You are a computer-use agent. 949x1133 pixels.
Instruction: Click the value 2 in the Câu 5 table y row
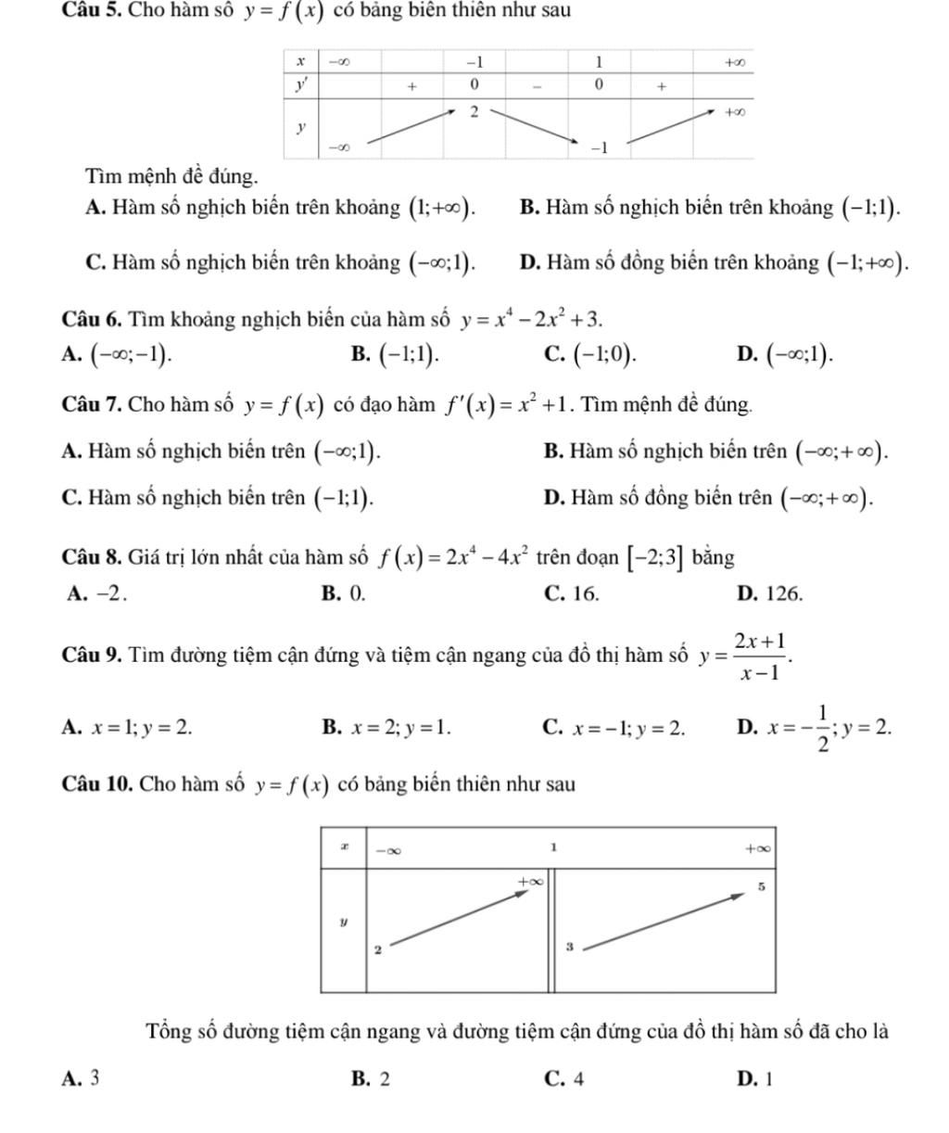coord(473,111)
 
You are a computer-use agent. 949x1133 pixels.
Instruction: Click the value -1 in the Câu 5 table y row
coord(598,148)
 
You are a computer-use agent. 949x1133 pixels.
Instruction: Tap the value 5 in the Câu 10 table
coord(760,886)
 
